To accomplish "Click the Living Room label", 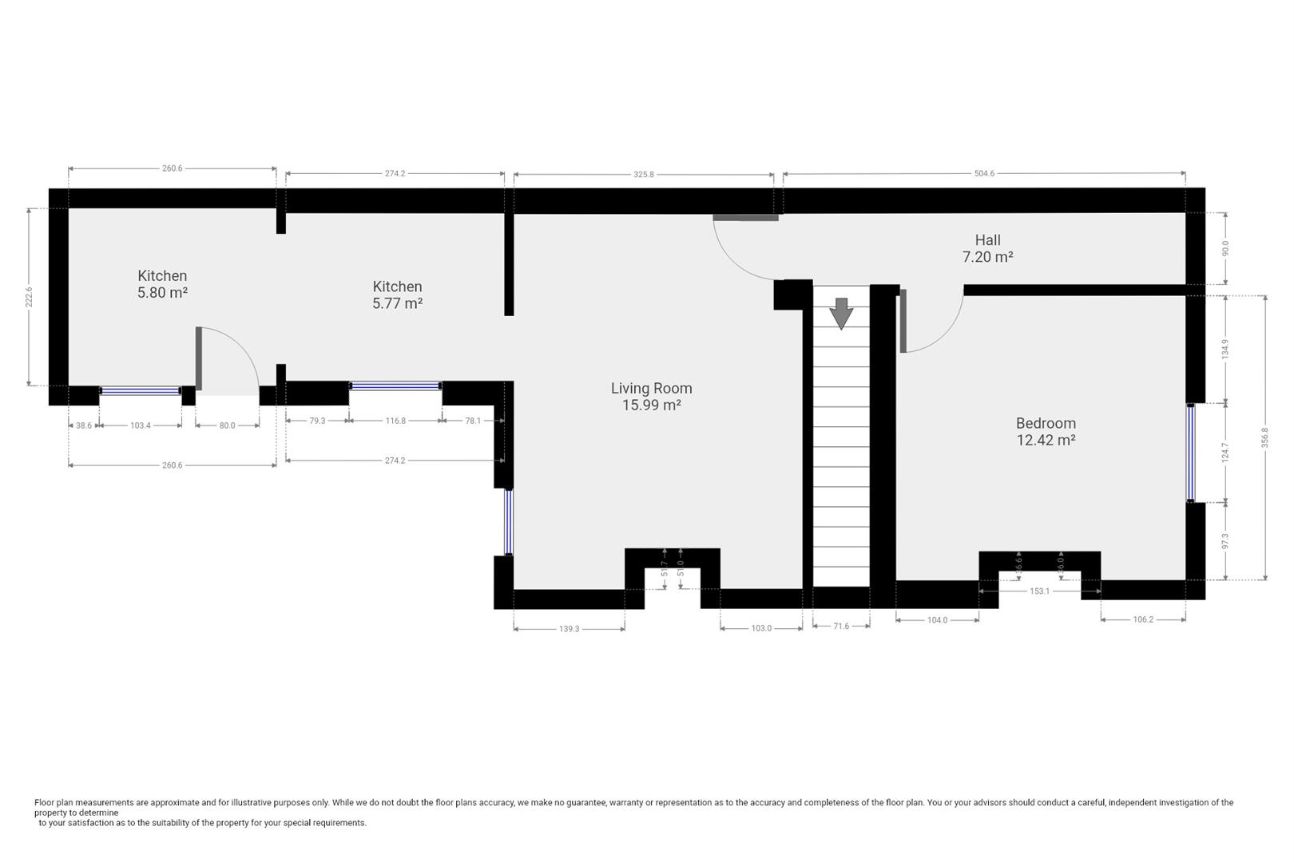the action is click(x=651, y=396).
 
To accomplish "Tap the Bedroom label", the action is click(x=1046, y=431).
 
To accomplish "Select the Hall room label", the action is click(x=988, y=248).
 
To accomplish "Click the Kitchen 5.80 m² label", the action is click(x=162, y=284).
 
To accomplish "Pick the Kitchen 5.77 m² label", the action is click(x=398, y=295).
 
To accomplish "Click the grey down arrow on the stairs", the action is click(x=841, y=314).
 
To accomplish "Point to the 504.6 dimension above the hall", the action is click(x=984, y=173).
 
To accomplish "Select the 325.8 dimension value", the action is click(x=644, y=174).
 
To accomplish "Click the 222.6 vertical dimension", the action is click(x=29, y=297).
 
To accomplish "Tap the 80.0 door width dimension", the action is click(x=227, y=425).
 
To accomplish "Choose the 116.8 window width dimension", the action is click(x=395, y=421).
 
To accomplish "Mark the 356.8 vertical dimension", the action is click(x=1264, y=437).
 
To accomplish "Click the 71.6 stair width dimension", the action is click(x=841, y=626).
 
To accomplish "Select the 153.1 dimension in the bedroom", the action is click(x=1039, y=591).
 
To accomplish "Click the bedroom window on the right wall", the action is click(x=1191, y=453).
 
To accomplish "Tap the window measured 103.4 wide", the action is click(x=141, y=391).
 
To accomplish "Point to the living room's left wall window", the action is click(x=508, y=522).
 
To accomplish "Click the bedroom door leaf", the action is click(x=903, y=321).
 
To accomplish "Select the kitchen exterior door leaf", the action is click(x=199, y=358).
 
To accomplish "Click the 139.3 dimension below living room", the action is click(x=569, y=629).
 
